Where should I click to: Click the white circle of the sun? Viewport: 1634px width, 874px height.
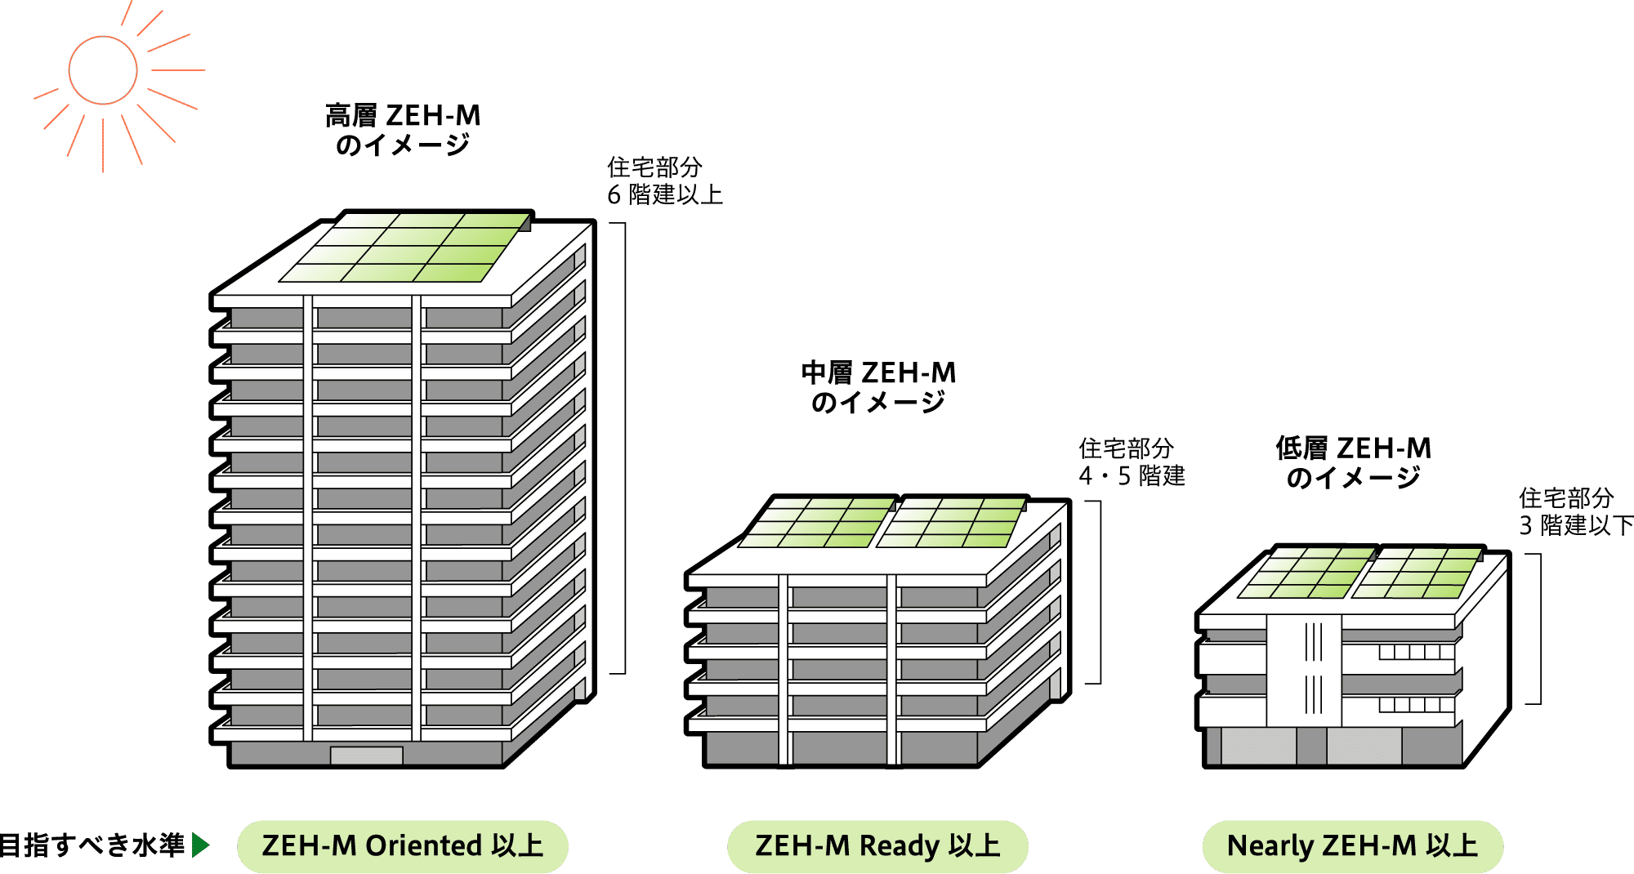(102, 70)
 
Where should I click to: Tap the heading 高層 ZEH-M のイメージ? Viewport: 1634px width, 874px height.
(403, 130)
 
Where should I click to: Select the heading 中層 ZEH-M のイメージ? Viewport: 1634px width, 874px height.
(878, 387)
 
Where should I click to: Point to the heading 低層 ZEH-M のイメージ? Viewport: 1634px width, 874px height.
(1353, 462)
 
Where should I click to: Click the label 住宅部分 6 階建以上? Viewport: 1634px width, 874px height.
(664, 181)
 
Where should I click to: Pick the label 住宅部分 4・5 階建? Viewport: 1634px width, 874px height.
(1131, 462)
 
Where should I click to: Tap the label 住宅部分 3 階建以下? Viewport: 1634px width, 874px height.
(1573, 511)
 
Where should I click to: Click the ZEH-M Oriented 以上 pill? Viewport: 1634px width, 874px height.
(402, 845)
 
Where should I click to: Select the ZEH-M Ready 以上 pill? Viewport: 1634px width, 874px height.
(877, 845)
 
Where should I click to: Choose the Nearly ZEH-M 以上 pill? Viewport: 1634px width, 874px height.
(1352, 845)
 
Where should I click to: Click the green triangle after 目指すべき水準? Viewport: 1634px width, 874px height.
(200, 845)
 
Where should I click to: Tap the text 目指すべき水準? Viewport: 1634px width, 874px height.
(92, 845)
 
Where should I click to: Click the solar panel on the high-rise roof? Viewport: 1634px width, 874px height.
(405, 247)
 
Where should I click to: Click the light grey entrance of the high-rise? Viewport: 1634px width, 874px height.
(366, 756)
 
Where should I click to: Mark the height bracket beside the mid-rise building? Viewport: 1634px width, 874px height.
(1099, 592)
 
